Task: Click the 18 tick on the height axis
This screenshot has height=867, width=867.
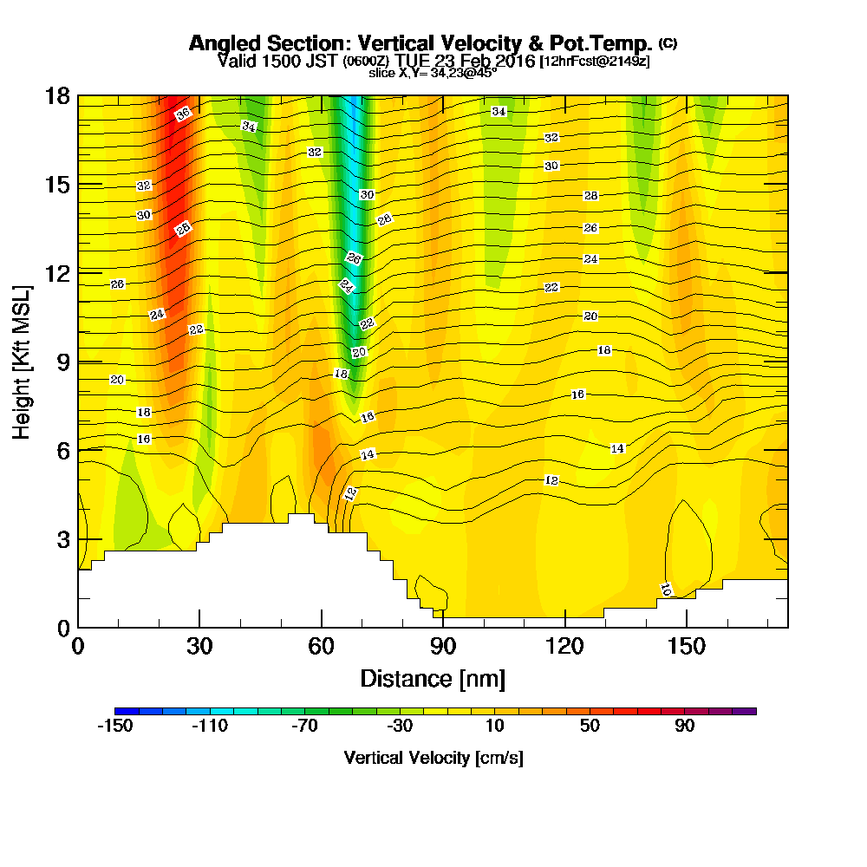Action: coord(57,95)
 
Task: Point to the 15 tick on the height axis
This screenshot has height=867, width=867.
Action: coord(57,185)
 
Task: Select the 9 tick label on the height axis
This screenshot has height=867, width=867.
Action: coord(62,362)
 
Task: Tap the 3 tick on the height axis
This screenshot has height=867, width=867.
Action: coord(62,538)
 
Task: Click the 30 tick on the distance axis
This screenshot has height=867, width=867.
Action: coord(199,646)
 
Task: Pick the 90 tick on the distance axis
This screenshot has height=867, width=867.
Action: coord(443,646)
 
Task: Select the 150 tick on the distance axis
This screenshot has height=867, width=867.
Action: coord(687,646)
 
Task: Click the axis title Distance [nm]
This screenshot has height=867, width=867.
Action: coord(433,678)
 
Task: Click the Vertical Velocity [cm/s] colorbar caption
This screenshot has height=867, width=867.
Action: coord(433,758)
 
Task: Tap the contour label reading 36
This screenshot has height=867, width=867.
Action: coord(182,114)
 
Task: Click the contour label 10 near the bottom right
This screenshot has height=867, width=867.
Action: coord(665,590)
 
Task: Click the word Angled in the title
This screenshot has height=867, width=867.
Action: coord(218,43)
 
